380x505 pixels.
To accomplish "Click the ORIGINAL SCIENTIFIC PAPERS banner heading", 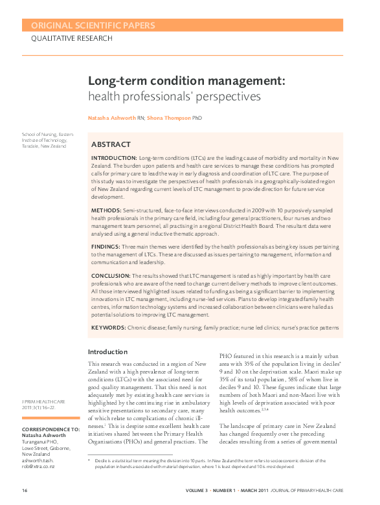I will (89, 26).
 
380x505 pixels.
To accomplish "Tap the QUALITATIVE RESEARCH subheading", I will (72, 38).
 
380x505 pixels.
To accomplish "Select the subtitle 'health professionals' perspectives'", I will (174, 96).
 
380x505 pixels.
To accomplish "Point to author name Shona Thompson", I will (169, 118).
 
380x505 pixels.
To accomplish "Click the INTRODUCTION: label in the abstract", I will (114, 158).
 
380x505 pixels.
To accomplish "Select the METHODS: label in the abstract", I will (106, 210).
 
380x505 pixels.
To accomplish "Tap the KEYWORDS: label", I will (109, 328).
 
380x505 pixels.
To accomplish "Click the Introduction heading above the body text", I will (108, 352).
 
